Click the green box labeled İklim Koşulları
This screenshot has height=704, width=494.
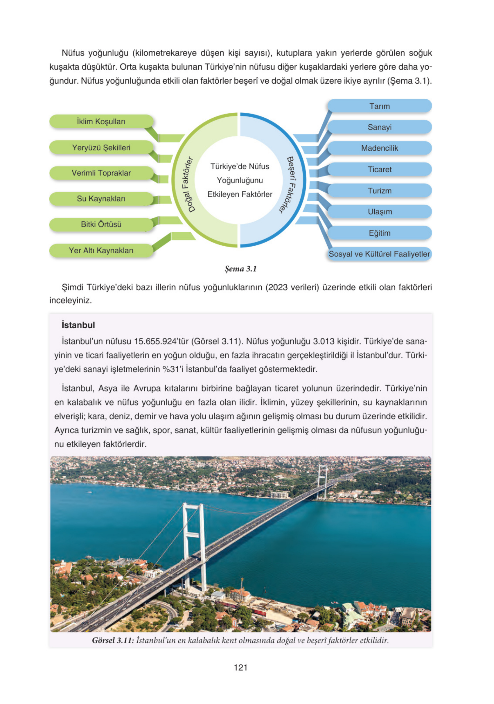click(101, 121)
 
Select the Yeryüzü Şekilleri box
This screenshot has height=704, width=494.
click(101, 148)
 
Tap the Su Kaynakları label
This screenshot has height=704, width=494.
click(101, 199)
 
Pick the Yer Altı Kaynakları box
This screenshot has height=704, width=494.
click(101, 251)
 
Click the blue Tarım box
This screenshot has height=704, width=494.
click(379, 106)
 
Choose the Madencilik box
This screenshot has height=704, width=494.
click(379, 148)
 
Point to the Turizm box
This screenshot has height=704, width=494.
click(379, 191)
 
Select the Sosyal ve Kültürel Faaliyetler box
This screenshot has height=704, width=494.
click(379, 254)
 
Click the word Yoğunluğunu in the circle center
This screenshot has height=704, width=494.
click(240, 180)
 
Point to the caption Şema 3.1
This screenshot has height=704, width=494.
click(240, 269)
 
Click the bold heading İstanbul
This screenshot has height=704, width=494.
click(78, 325)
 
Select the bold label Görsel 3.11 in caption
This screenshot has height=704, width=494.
click(113, 640)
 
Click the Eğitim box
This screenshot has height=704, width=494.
click(379, 233)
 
